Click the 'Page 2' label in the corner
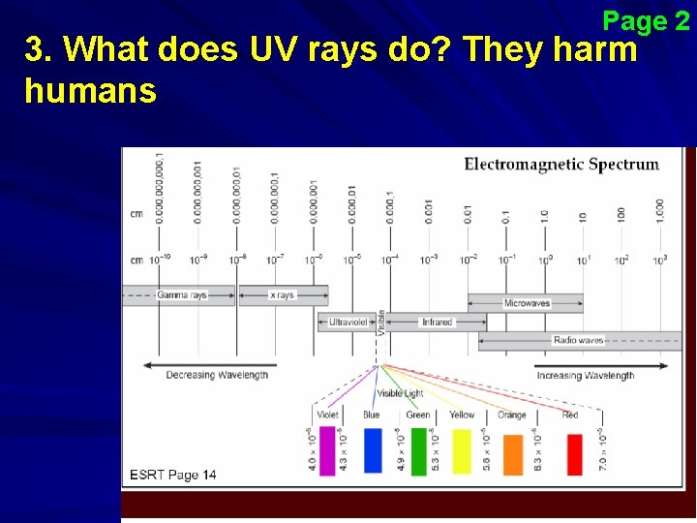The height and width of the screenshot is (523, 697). coord(646,20)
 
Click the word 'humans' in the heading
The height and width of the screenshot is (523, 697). coord(90,92)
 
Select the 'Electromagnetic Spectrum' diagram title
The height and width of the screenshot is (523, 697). coord(561,164)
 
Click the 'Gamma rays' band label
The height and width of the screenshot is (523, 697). coord(182,294)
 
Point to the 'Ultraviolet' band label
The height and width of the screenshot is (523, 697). coord(350,322)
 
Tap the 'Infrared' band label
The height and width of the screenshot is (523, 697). coord(437,322)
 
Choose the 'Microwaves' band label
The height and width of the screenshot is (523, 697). coord(527,303)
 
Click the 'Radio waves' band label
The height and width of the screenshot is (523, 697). coord(578,340)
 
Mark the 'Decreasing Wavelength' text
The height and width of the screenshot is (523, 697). coord(216,375)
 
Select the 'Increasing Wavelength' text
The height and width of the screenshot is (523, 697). coord(585,375)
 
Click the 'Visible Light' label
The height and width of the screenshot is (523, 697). coord(400,393)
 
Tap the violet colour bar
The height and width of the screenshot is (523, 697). coord(327,451)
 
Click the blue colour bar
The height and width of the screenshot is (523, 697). coord(373,451)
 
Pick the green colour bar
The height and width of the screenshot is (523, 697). coord(418,451)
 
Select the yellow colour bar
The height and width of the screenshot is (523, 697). coord(462,451)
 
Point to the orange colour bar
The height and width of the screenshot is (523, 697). coord(512,453)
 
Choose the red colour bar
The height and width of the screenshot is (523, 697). coord(574,453)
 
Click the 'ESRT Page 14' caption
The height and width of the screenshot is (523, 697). coord(173,475)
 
